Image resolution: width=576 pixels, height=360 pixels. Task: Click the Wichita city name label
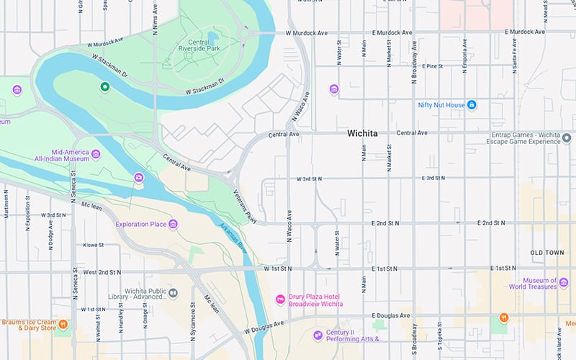tap(367, 133)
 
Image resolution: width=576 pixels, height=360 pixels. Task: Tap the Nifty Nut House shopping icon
tap(472, 105)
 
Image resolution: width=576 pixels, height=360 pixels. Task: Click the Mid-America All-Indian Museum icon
tap(94, 153)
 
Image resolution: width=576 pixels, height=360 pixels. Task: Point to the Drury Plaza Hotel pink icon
tap(280, 300)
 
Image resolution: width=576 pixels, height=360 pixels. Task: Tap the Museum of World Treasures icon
tap(563, 284)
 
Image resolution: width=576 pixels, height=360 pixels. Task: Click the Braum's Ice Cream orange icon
tap(63, 324)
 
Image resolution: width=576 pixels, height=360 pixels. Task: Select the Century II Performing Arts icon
tap(318, 335)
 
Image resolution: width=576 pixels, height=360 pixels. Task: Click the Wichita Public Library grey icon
tap(174, 292)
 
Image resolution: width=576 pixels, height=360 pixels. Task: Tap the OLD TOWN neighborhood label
tap(547, 253)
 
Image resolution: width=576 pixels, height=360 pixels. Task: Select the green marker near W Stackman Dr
tap(104, 87)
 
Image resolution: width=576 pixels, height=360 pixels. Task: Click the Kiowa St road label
tap(93, 245)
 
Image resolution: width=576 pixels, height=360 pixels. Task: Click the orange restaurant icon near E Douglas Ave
tap(505, 318)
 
